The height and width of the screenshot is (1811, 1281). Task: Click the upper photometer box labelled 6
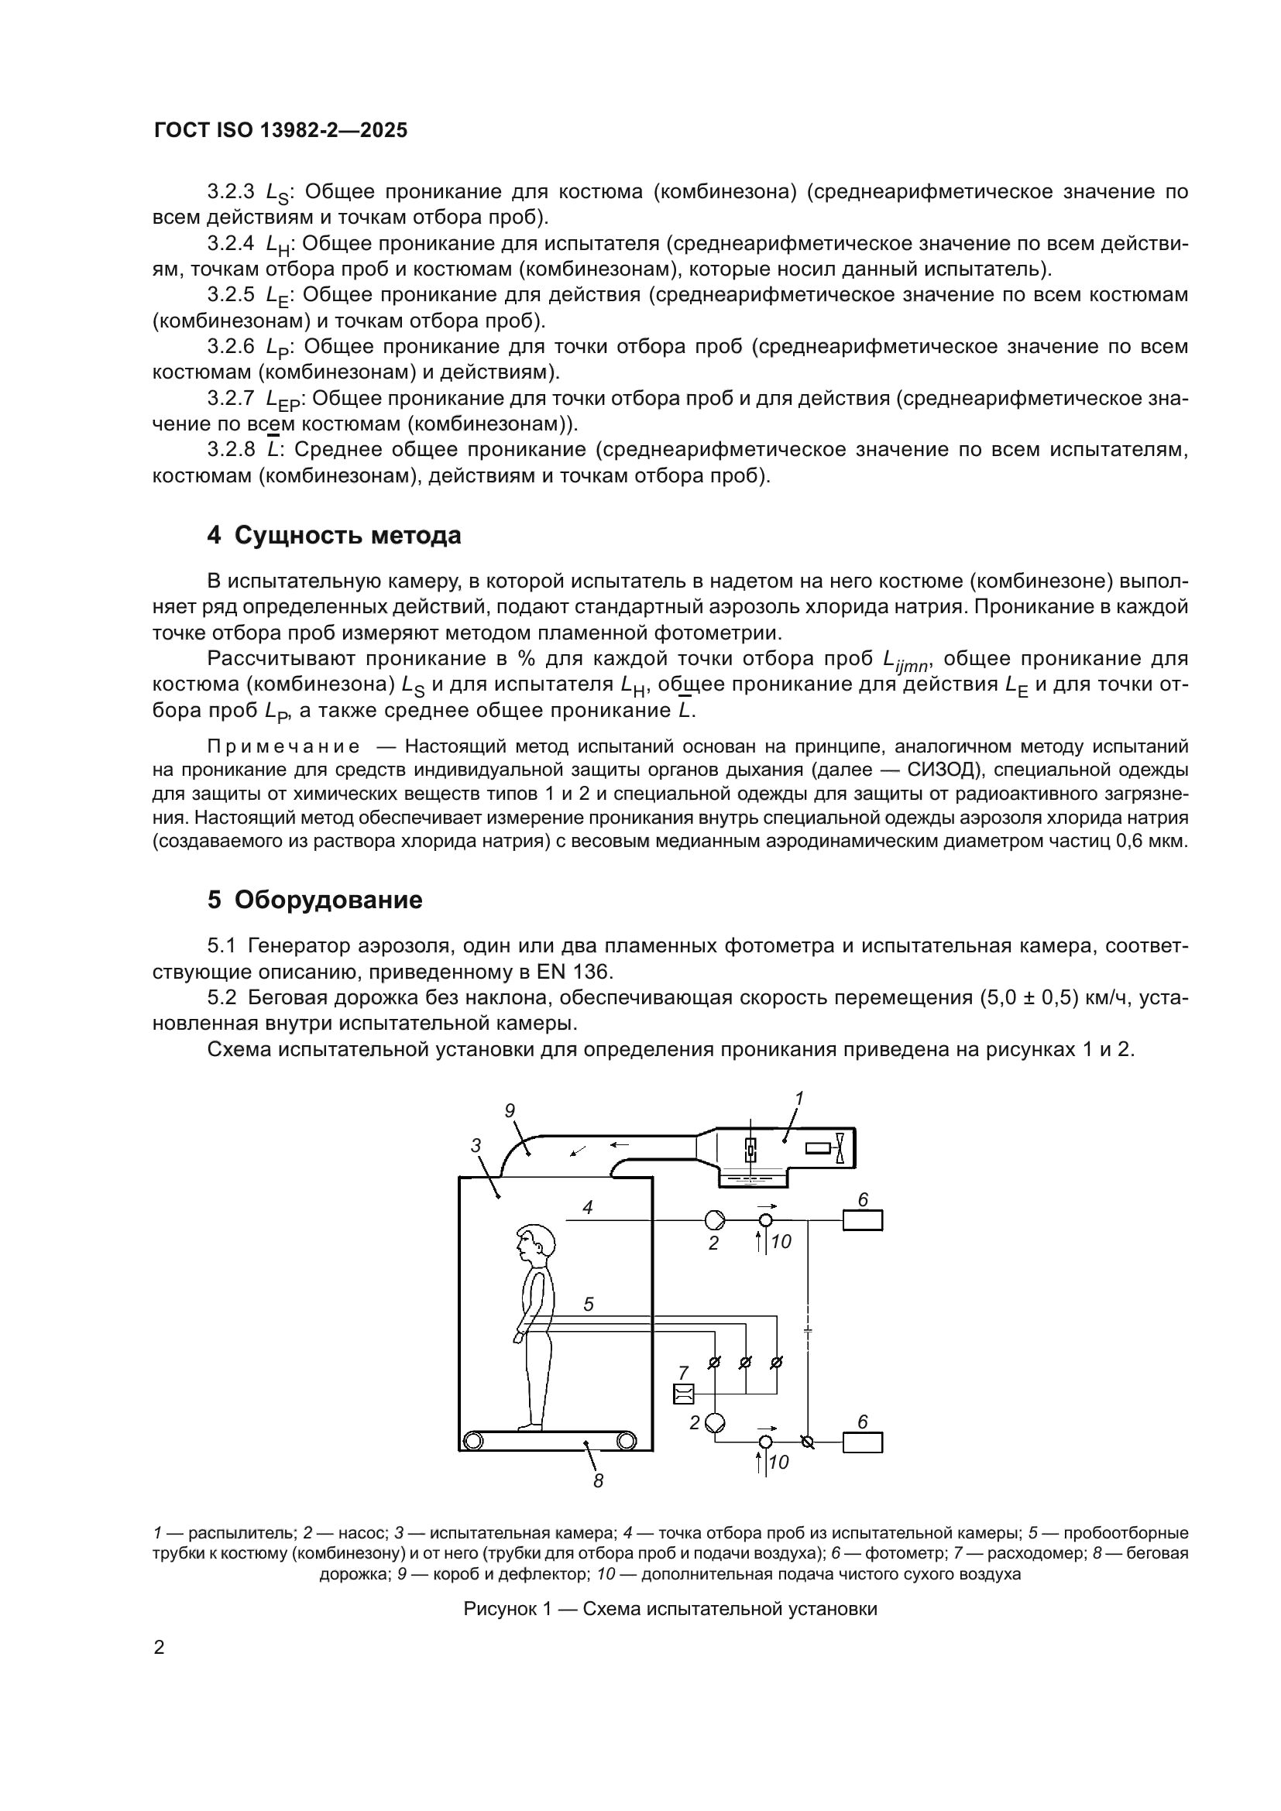click(x=862, y=1220)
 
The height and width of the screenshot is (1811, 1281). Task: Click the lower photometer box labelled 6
click(x=862, y=1442)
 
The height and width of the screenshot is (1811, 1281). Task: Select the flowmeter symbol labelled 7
click(x=683, y=1394)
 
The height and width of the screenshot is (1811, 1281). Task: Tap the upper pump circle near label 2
click(x=716, y=1220)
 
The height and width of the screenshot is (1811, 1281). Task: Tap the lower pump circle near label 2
click(x=716, y=1423)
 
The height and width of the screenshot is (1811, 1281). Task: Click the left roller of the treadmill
click(x=472, y=1440)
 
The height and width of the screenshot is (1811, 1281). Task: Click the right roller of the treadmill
click(x=627, y=1440)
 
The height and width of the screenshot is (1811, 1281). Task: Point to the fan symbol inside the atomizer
click(x=841, y=1147)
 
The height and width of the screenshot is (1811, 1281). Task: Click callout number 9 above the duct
click(x=510, y=1110)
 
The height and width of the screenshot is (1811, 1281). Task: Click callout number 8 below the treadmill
click(x=598, y=1481)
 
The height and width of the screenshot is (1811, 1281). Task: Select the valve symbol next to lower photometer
click(x=807, y=1442)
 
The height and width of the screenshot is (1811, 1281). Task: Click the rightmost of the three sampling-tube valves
click(x=776, y=1362)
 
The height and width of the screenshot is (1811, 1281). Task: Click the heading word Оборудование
click(x=328, y=900)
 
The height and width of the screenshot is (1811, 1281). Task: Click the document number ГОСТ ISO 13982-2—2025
click(x=281, y=130)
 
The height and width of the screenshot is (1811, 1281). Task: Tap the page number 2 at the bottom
click(x=160, y=1648)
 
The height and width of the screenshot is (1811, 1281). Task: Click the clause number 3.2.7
click(x=230, y=398)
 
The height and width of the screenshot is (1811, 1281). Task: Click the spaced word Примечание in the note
click(x=283, y=746)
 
